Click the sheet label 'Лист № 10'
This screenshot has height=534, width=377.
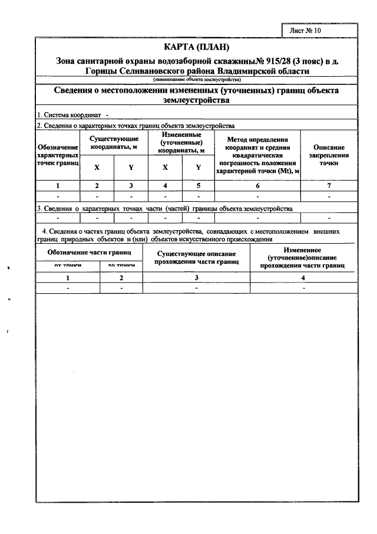click(306, 30)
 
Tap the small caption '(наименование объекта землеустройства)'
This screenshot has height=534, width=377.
click(197, 79)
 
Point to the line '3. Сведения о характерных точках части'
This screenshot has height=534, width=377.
click(165, 209)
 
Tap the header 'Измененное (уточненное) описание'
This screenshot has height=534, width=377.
click(303, 258)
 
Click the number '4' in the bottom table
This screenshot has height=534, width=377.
click(303, 277)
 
